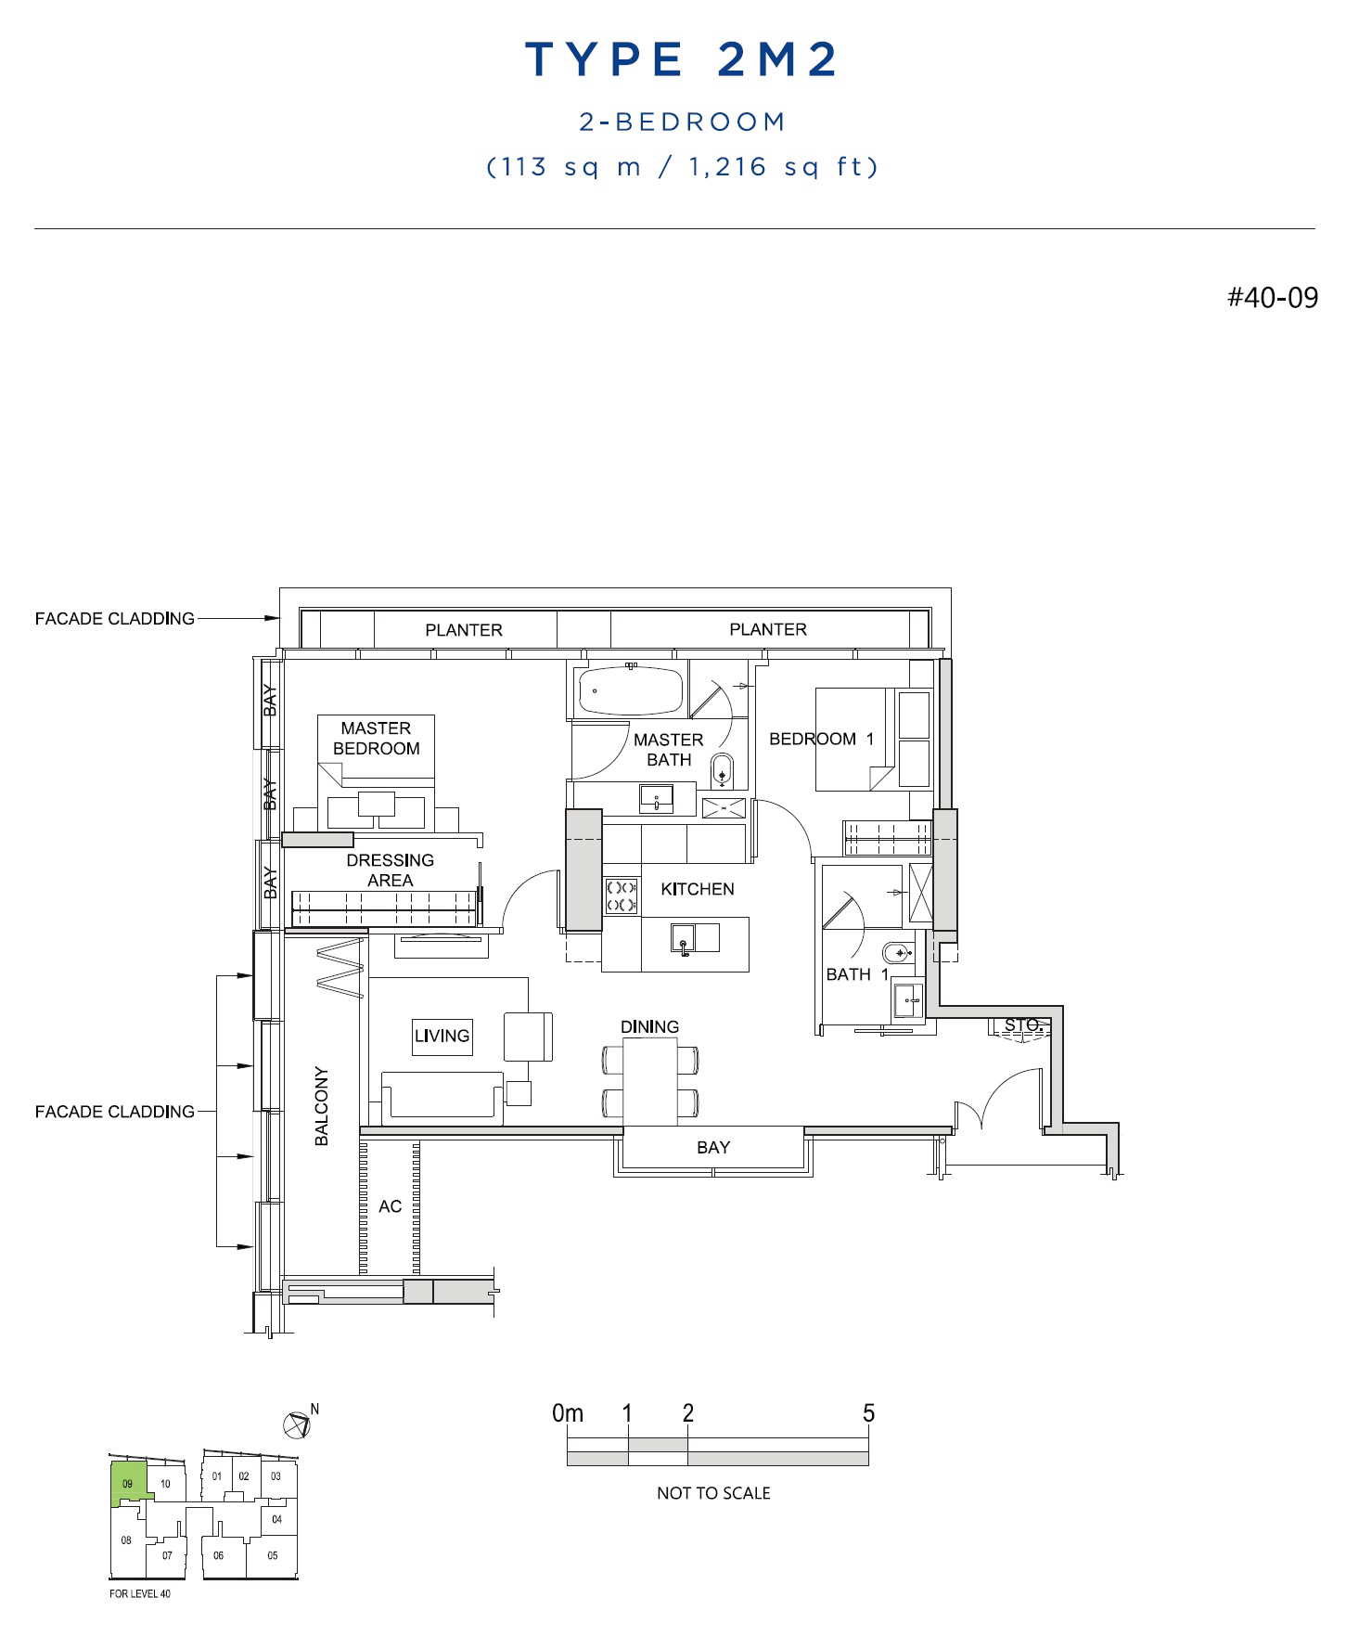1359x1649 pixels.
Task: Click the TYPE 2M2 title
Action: [x=682, y=59]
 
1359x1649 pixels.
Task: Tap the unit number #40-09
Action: [x=1272, y=297]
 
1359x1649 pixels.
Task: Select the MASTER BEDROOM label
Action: [x=376, y=739]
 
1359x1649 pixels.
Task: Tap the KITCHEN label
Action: [x=698, y=889]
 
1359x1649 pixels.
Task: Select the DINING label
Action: [x=649, y=1026]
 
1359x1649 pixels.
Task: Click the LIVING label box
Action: [x=442, y=1036]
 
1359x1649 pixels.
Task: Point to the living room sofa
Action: [x=442, y=1097]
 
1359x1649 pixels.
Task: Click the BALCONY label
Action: [x=322, y=1105]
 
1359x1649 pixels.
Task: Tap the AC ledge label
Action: [x=390, y=1206]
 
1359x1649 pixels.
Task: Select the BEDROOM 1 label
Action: [x=821, y=739]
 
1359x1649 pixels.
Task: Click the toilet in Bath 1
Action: [x=897, y=953]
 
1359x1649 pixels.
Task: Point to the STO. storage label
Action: [x=1021, y=1024]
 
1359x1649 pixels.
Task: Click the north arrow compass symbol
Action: [x=297, y=1424]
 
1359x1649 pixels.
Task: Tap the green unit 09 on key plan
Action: [x=127, y=1483]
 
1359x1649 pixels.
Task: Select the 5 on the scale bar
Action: [x=868, y=1413]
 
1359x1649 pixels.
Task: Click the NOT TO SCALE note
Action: [x=713, y=1493]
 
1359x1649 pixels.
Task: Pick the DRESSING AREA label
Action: [x=390, y=870]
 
